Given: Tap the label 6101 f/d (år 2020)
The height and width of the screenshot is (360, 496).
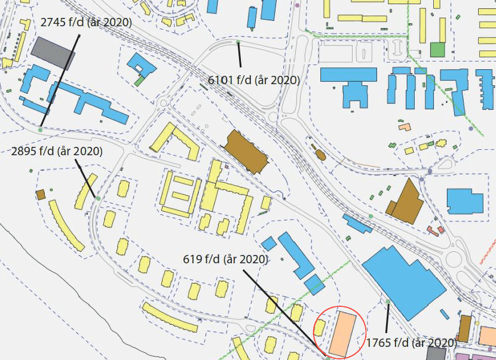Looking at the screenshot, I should click(x=253, y=79).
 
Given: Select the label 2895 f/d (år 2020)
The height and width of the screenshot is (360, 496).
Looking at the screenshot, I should click(x=57, y=152).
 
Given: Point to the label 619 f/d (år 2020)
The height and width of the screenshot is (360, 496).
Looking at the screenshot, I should click(x=225, y=259).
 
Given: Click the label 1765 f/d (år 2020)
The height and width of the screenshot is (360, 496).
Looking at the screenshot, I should click(x=411, y=343).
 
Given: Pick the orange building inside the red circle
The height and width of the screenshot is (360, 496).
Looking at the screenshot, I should click(x=343, y=332).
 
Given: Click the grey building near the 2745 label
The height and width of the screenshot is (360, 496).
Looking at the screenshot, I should click(x=53, y=53).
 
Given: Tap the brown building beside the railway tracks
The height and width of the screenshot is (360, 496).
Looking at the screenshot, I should click(x=246, y=152).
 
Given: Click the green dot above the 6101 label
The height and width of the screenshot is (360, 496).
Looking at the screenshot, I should click(x=238, y=43).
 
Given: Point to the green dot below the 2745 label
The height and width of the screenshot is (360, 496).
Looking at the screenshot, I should click(x=40, y=130).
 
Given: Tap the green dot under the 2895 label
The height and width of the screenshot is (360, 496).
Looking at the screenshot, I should click(x=98, y=198).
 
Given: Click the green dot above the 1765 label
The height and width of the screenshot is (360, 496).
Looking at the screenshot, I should click(x=388, y=301).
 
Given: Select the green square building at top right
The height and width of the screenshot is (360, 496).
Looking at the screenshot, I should click(x=437, y=50).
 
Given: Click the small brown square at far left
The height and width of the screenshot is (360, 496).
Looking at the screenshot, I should click(x=41, y=195).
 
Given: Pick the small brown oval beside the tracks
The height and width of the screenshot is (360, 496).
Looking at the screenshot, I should click(x=320, y=155).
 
